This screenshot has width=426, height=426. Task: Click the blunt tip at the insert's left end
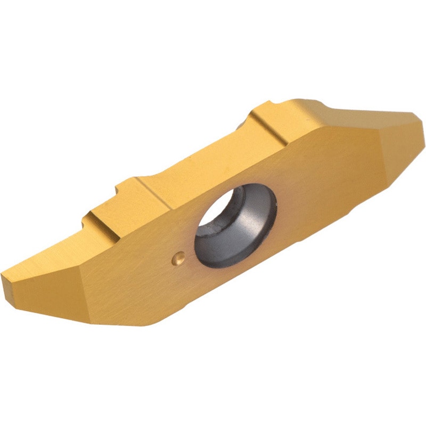click(x=6, y=279)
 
